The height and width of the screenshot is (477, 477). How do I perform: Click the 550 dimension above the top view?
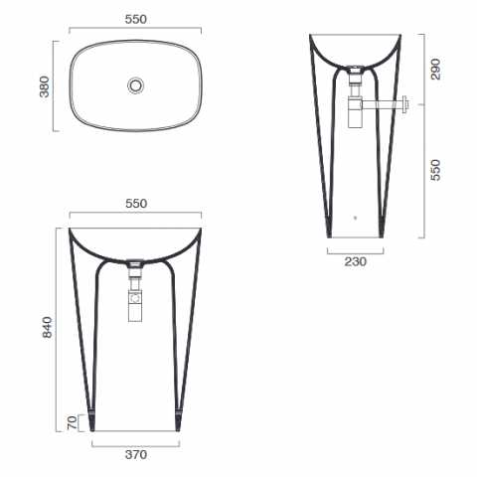pos(135,19)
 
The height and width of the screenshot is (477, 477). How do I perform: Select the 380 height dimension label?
pos(44,86)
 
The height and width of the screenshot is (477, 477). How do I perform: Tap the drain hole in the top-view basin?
pos(136,85)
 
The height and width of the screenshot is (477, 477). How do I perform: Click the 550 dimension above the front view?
pos(136,204)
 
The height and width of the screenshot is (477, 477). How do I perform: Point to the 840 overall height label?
pos(47,327)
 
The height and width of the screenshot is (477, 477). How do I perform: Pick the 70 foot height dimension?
pos(72,423)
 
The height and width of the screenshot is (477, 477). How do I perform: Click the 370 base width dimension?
pos(136,454)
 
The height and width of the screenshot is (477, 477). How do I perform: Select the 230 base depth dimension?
pos(356,261)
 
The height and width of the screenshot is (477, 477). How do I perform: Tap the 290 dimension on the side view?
pos(435,70)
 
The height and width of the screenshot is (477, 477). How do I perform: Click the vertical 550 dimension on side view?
pos(435,170)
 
